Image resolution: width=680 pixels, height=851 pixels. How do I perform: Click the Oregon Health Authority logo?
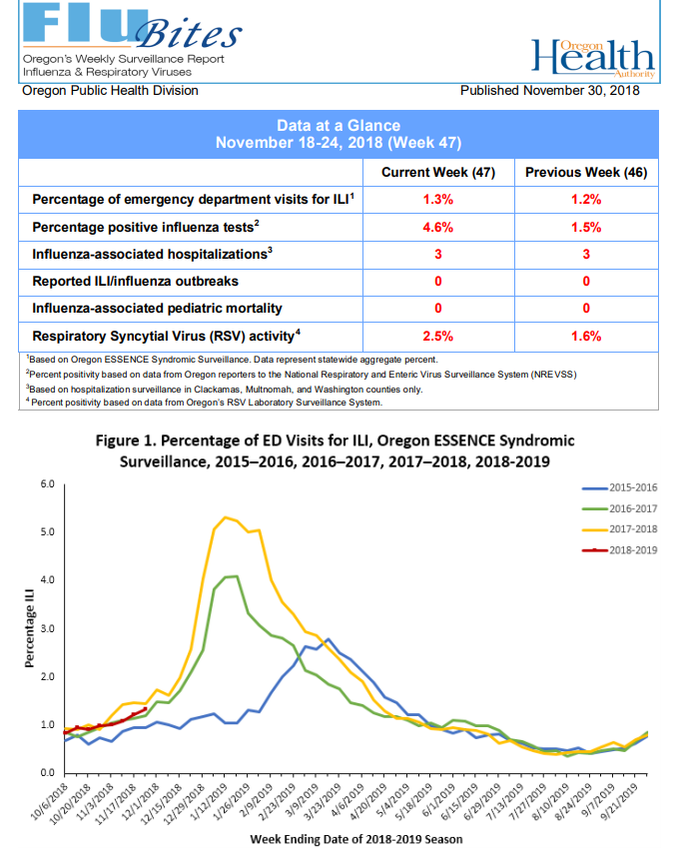593,57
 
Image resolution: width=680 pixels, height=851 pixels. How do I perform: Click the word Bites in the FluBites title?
189,34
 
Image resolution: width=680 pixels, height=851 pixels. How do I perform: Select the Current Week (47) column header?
438,173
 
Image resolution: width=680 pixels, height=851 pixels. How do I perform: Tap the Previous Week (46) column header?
586,173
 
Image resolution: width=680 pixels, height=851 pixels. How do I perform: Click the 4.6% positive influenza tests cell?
438,227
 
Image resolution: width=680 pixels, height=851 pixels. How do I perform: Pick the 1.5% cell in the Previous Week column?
586,227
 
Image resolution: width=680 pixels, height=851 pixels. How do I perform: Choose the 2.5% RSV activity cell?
438,336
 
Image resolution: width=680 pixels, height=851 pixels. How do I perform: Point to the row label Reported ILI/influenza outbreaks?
135,281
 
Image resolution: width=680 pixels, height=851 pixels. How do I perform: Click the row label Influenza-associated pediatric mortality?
157,309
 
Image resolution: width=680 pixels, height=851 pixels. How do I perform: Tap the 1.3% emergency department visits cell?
438,199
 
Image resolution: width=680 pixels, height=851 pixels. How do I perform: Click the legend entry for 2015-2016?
619,487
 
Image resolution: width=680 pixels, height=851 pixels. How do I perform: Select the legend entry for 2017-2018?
619,529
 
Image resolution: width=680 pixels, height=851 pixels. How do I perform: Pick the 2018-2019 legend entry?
619,550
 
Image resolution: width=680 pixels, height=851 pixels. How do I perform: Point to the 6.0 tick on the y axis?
47,483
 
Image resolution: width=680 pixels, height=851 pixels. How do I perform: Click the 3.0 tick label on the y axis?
47,628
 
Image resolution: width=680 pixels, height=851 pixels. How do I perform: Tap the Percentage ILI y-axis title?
29,628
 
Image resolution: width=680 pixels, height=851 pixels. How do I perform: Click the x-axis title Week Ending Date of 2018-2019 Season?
356,839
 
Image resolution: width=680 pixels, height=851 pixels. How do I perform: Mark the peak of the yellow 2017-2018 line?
226,517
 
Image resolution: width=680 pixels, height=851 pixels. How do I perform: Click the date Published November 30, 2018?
550,91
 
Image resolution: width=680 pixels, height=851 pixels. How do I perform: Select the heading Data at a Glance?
339,126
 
